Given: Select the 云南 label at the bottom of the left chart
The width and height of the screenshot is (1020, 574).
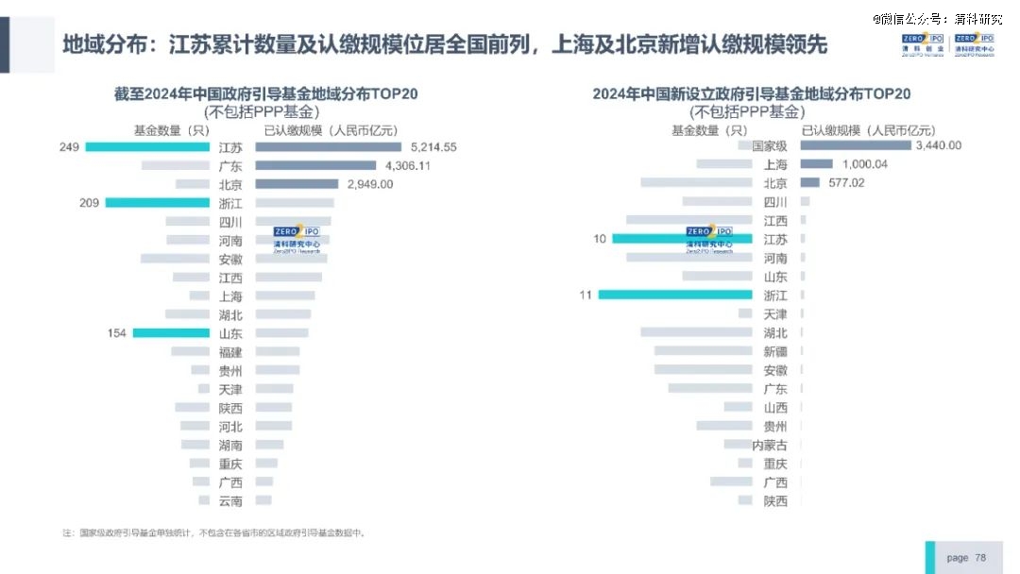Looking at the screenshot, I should point(230,501).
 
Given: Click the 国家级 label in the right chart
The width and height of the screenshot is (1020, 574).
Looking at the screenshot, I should point(769,146).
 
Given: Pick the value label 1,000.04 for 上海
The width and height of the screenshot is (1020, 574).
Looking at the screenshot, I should point(865,164).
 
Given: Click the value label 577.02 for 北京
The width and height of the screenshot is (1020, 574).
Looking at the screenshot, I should point(846,183).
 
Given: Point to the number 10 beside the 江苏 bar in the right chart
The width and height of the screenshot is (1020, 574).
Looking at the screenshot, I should point(600,240).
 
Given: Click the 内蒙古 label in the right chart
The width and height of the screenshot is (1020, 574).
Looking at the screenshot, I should point(769,445).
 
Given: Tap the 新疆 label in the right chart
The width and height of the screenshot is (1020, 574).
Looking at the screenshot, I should point(775,352).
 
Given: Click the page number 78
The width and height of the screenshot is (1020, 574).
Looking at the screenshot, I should point(980,558).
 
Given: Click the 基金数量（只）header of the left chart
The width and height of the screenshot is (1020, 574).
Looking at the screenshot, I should point(171,130).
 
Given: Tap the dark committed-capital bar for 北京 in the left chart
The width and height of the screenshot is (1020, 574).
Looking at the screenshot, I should point(297,184).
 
